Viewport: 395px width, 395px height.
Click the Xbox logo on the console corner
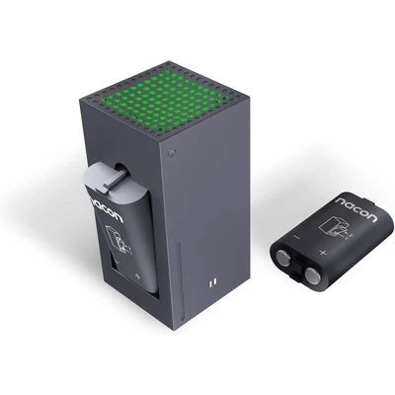click(172, 153)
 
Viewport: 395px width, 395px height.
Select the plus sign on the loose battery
click(323, 253)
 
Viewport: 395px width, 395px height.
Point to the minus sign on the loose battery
click(296, 237)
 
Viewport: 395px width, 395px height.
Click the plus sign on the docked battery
click(137, 276)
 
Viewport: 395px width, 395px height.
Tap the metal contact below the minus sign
click(282, 256)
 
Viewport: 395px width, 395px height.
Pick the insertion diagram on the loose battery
click(334, 230)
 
